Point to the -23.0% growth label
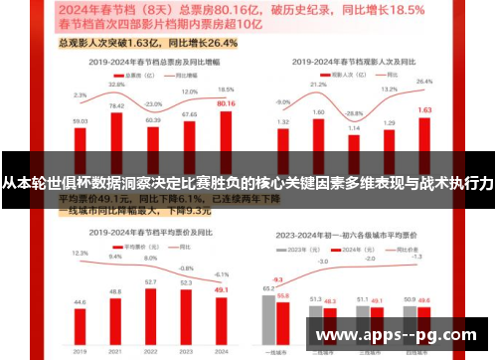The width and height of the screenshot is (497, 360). pyautogui.click(x=153, y=102)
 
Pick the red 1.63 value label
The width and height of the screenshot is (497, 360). pyautogui.click(x=424, y=110)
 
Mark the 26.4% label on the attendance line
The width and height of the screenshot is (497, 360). pyautogui.click(x=424, y=82)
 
